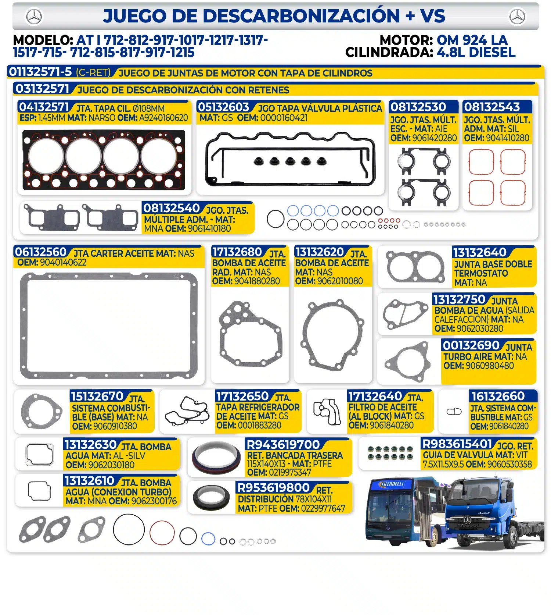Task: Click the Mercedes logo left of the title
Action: (x=34, y=17)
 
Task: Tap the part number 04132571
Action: (x=44, y=107)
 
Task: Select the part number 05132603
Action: (x=224, y=107)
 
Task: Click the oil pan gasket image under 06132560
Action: (x=109, y=326)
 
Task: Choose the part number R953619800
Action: (x=274, y=488)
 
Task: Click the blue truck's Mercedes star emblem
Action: (x=467, y=520)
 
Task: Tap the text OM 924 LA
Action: (x=472, y=40)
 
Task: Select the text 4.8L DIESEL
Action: (x=476, y=53)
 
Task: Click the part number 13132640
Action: (x=480, y=253)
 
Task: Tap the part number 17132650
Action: (x=242, y=397)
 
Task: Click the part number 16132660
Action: (x=498, y=396)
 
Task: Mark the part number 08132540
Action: (x=172, y=208)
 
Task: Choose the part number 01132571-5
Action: (x=40, y=72)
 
